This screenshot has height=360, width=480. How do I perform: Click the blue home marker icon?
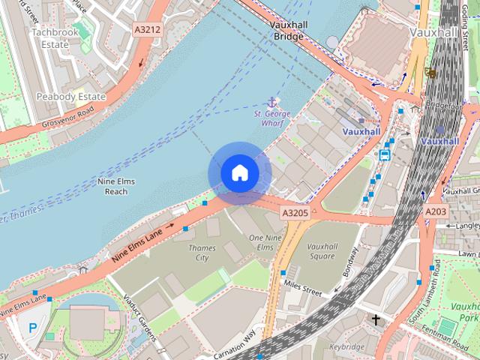(239, 173)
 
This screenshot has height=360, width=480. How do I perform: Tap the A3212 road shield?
(146, 29)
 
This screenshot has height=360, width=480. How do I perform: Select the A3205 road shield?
(295, 213)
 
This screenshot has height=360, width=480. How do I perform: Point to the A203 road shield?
(436, 212)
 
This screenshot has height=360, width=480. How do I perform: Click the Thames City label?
(201, 253)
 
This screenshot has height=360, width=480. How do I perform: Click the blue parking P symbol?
(32, 327)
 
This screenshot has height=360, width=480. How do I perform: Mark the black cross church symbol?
(375, 319)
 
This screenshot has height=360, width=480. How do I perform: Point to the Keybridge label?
(347, 347)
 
